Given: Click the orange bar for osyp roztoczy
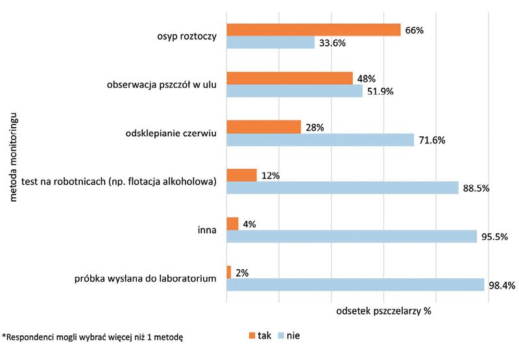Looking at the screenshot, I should [x=313, y=30].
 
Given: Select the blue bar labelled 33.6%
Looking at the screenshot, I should [x=271, y=43].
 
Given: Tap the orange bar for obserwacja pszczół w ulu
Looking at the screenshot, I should [x=289, y=78].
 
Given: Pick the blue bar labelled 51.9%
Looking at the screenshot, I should [x=295, y=91].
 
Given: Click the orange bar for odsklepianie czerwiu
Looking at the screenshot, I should [x=263, y=126].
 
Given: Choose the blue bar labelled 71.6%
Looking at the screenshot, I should [x=320, y=139].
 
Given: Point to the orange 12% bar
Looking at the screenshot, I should [x=241, y=175].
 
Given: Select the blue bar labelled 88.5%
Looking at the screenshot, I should [x=343, y=188].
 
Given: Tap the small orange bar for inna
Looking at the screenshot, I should [x=232, y=224].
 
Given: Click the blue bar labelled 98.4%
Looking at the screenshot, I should [x=355, y=285].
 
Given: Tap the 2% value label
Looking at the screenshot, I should [x=243, y=273].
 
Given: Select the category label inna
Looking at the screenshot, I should [x=206, y=230].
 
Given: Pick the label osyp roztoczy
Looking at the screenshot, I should [x=185, y=36].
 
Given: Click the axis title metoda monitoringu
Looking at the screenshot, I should [x=14, y=160].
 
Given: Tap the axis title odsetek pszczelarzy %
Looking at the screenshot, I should [x=383, y=311].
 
